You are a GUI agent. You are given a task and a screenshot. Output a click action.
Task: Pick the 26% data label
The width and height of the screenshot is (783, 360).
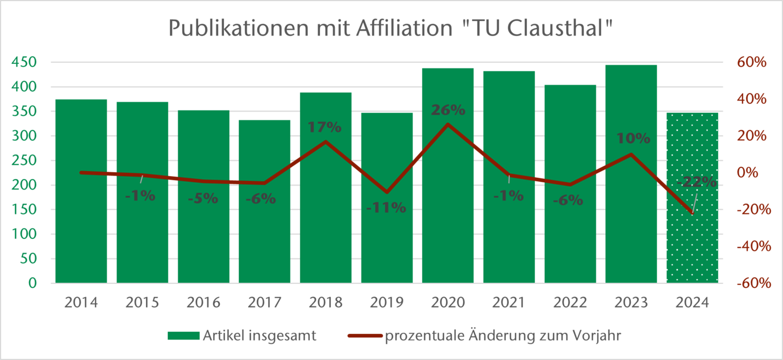pyautogui.click(x=448, y=110)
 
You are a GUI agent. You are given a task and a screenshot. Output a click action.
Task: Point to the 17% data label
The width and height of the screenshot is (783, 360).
pyautogui.click(x=325, y=127)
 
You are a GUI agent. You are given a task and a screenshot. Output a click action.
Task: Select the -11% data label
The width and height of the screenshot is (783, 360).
pyautogui.click(x=387, y=208)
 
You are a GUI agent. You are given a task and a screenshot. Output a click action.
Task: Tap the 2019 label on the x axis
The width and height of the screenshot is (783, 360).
pyautogui.click(x=387, y=303)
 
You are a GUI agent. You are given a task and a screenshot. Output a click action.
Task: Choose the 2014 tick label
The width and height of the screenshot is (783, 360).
pyautogui.click(x=81, y=303)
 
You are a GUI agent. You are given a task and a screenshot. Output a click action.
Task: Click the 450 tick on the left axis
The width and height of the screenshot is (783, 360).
pyautogui.click(x=24, y=62)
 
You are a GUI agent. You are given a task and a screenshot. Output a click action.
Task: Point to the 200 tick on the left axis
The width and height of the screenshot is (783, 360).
pyautogui.click(x=24, y=185)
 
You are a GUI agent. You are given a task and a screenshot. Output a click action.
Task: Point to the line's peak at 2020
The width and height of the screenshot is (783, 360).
pyautogui.click(x=448, y=124)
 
